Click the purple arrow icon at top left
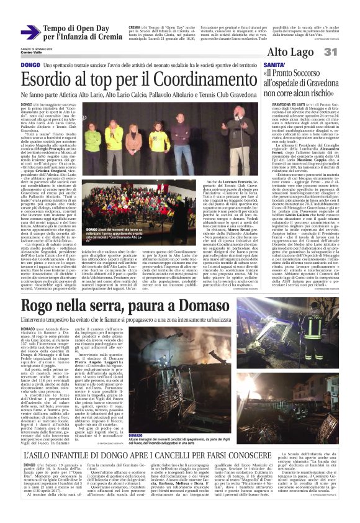coord(30,32)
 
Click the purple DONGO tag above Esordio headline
coord(29,65)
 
